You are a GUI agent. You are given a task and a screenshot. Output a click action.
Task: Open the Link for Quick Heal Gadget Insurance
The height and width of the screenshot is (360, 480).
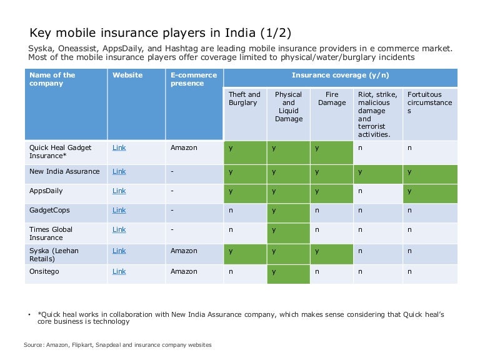click(119, 148)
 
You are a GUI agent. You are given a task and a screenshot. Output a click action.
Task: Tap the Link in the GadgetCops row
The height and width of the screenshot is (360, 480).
click(119, 211)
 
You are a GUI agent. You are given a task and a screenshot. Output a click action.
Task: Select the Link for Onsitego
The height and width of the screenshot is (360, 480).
click(119, 272)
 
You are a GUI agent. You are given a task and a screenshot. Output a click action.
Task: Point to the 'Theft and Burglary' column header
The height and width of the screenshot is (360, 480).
click(243, 99)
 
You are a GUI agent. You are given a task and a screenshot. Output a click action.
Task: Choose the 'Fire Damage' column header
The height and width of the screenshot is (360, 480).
click(332, 99)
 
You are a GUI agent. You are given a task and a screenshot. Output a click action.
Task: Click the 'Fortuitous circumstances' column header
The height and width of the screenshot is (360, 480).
click(429, 102)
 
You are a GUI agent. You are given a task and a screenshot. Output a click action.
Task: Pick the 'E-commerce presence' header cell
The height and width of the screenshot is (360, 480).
click(194, 79)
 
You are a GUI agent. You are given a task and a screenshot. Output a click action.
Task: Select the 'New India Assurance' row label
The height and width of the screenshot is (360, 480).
click(64, 172)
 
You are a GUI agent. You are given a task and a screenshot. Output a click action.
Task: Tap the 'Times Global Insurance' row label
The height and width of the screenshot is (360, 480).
click(51, 233)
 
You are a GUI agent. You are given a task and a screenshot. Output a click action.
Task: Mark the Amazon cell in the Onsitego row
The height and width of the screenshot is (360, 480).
click(184, 272)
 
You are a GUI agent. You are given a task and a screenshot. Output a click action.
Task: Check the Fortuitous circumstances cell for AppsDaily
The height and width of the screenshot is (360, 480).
click(410, 191)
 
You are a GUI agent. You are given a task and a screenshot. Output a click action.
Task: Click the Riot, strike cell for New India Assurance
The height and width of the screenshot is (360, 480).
click(360, 172)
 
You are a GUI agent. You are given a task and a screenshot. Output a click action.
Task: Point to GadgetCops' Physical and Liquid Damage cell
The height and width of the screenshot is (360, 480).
click(274, 211)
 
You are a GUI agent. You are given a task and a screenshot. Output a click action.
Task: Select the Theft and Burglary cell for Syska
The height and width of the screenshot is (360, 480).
click(231, 251)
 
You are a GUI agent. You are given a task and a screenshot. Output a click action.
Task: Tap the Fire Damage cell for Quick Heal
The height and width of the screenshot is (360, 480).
click(317, 148)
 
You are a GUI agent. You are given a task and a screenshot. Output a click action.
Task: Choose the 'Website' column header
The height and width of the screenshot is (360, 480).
click(127, 76)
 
